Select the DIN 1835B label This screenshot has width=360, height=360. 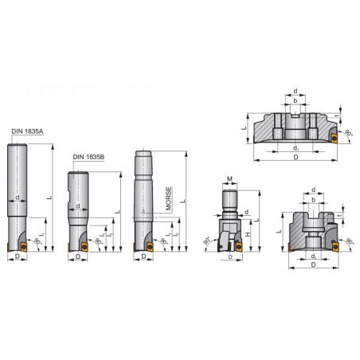pyautogui.click(x=88, y=157)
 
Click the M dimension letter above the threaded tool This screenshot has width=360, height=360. pyautogui.click(x=229, y=178)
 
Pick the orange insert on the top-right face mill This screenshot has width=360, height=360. pyautogui.click(x=335, y=138)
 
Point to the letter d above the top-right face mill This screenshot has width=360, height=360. pyautogui.click(x=296, y=92)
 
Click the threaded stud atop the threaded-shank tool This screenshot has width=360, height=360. pyautogui.click(x=229, y=195)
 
